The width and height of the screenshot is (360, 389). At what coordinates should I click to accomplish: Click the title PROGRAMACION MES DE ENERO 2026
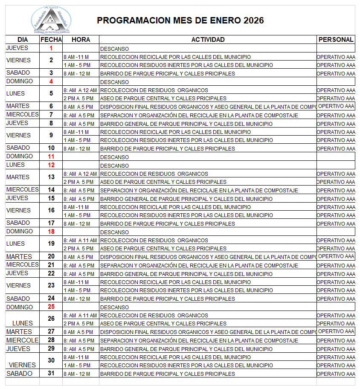pos(180,20)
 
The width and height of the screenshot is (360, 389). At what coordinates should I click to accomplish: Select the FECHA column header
pos(51,40)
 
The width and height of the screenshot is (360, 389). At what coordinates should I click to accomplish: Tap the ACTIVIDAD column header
pos(208,40)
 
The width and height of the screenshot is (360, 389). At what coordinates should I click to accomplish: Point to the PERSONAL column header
pos(336,40)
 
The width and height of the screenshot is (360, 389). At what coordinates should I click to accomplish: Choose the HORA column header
pos(81,40)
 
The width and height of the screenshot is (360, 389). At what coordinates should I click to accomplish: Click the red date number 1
pos(51,48)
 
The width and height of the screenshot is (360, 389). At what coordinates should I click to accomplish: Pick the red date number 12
pos(51,165)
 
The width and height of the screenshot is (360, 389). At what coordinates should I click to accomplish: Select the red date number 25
pos(51,307)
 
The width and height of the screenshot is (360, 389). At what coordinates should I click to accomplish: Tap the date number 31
pos(51,374)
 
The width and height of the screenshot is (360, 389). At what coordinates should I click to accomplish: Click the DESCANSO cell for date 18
pos(114,232)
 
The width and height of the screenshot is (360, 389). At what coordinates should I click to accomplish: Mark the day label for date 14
pos(22,190)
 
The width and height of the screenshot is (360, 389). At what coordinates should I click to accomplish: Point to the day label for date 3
pos(18,73)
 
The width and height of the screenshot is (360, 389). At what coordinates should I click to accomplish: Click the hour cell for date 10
pos(77,148)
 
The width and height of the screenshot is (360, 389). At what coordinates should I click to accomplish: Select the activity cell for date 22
pos(186,274)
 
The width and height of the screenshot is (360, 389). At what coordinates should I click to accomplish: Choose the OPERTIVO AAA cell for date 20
pos(336,256)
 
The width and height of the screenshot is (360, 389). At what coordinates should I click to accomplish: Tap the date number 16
pos(51,210)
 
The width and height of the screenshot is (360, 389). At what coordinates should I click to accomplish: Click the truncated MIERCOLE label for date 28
pos(22,340)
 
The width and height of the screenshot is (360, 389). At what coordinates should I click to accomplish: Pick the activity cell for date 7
pos(199,115)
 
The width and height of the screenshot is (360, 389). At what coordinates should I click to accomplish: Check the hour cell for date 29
pos(79,349)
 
